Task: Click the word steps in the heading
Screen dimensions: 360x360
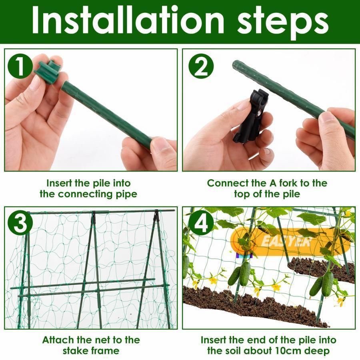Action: (x=283, y=23)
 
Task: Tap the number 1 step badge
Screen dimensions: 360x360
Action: (x=20, y=67)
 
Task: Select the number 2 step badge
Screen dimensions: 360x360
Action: (x=201, y=66)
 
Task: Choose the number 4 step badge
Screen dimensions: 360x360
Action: (x=201, y=223)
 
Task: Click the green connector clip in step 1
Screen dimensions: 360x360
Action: (x=49, y=71)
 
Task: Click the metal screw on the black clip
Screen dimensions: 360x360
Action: (x=259, y=113)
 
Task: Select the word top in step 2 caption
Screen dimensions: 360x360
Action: (x=242, y=194)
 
